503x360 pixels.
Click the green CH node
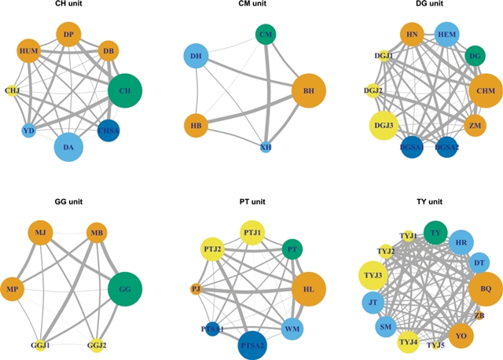pos(126,90)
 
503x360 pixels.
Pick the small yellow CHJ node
pos(12,90)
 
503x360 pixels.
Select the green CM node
pos(265,34)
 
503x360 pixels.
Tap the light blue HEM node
pos(446,35)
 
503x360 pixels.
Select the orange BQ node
pos(485,289)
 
